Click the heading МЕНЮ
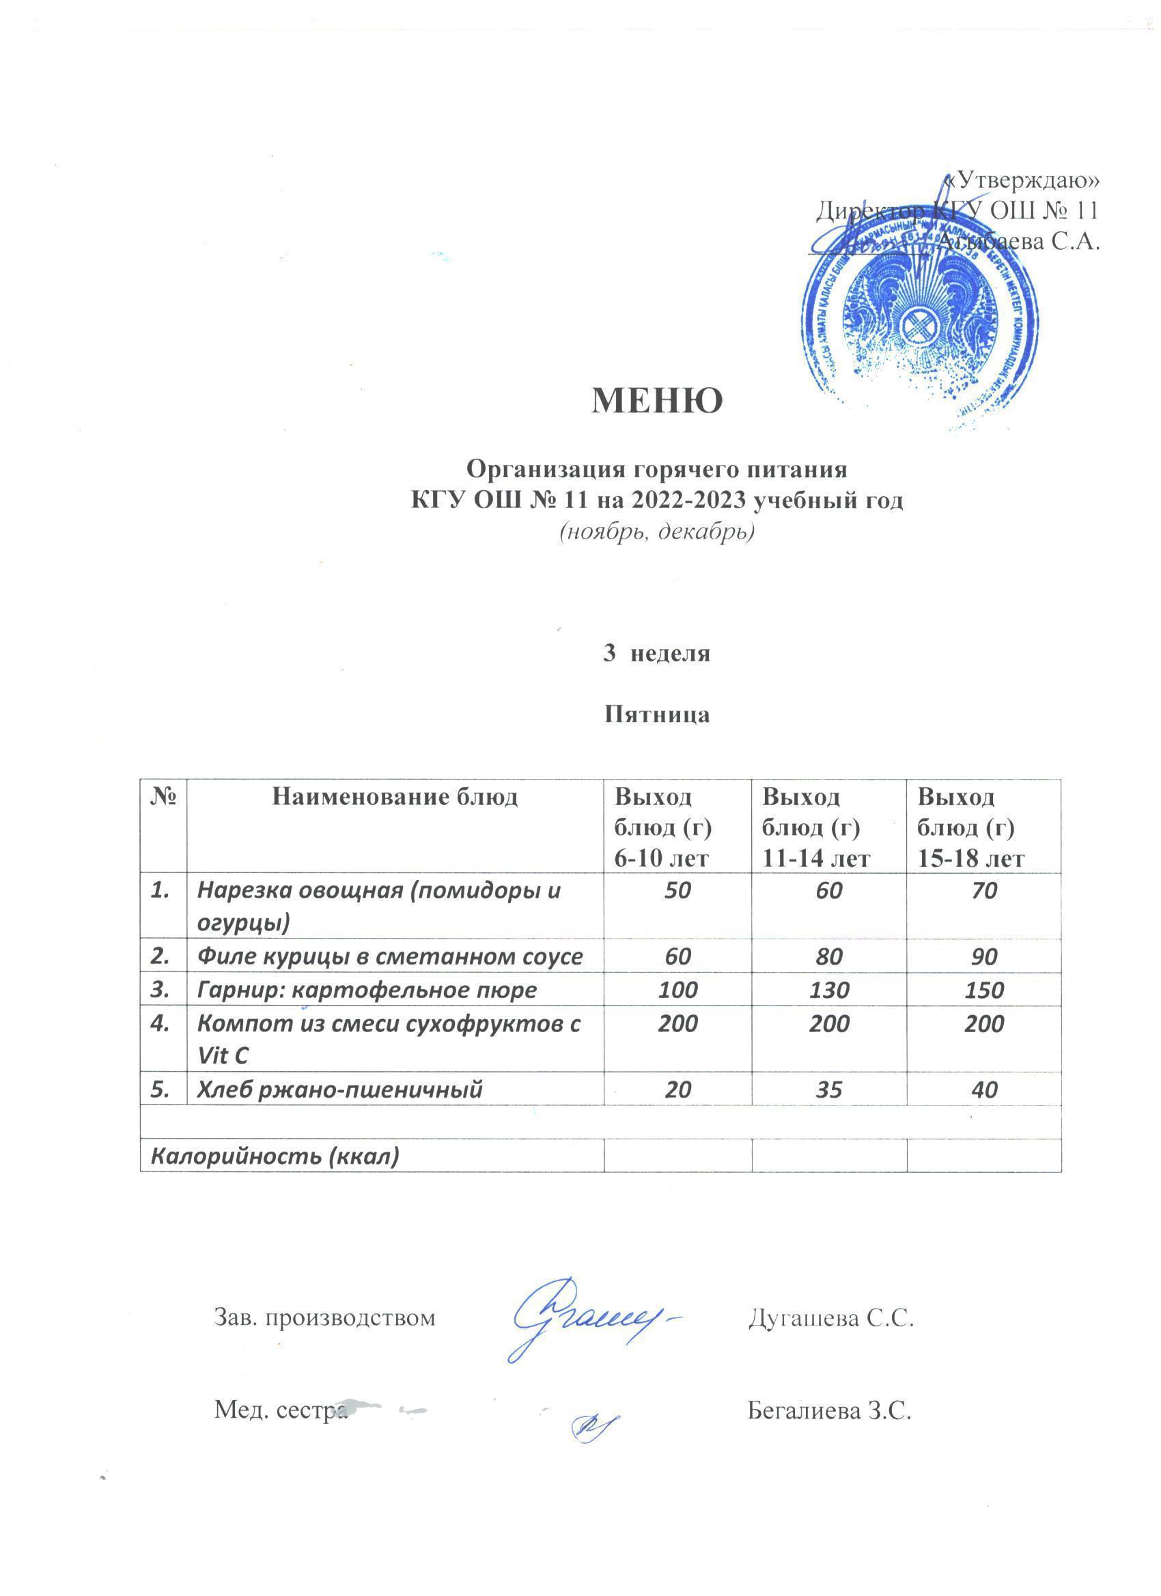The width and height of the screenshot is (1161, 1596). coord(657,402)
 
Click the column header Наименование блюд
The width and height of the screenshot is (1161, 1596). coord(395,797)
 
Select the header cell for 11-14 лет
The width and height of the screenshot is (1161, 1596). coord(828,827)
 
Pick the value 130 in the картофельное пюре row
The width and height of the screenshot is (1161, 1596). coord(828,991)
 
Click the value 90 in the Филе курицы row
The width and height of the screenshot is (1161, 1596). coord(983,956)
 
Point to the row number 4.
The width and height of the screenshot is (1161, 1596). coord(161,1024)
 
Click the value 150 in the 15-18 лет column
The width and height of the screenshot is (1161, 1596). coord(983,991)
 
